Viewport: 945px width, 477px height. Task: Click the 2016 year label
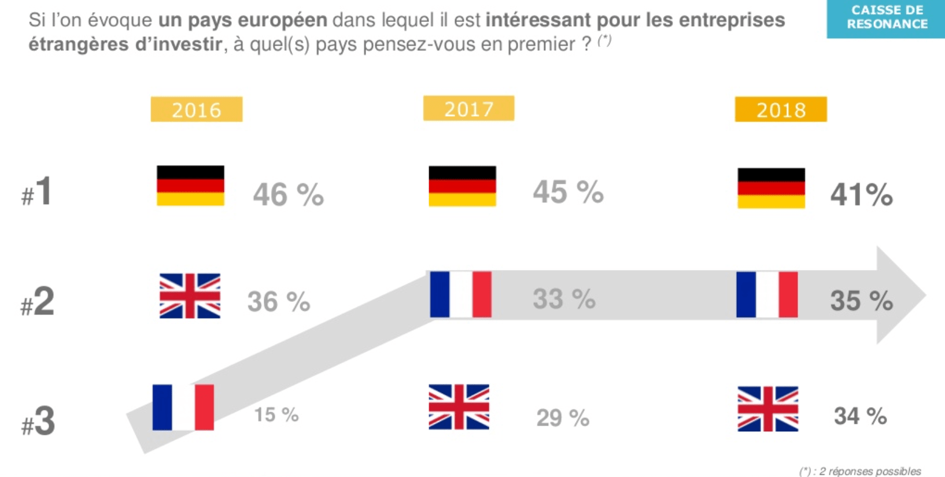tap(197, 109)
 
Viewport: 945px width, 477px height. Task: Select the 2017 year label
tap(468, 109)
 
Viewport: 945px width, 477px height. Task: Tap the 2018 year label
tap(781, 109)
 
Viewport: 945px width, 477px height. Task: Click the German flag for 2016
tap(190, 186)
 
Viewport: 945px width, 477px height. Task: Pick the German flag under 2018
tap(771, 188)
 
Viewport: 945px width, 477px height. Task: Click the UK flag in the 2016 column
tap(190, 296)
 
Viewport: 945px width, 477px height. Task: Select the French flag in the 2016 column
tap(183, 407)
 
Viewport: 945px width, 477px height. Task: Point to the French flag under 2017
tap(460, 294)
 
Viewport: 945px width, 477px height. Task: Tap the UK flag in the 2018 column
tap(767, 409)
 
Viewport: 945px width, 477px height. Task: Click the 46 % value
tap(288, 194)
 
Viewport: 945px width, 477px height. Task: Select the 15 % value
tap(276, 415)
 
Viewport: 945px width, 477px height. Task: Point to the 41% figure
tap(861, 195)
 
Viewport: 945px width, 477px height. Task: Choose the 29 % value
tap(562, 417)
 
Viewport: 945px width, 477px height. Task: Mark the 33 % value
tap(564, 299)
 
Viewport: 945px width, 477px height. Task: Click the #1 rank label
tap(37, 191)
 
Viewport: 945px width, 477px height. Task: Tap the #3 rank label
tap(38, 421)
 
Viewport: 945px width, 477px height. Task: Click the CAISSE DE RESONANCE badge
tap(886, 17)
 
